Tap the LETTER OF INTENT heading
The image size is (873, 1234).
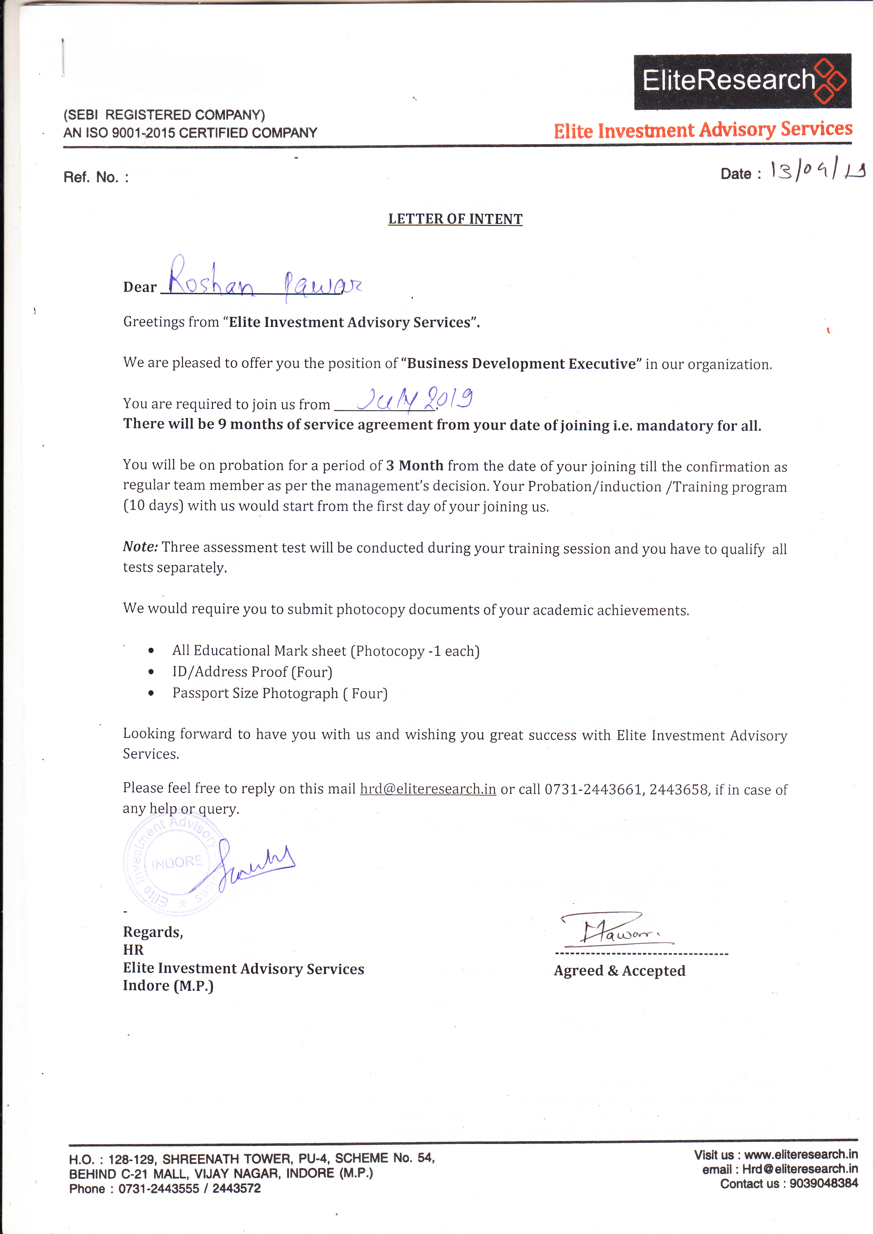[455, 219]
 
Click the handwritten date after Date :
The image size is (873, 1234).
[817, 171]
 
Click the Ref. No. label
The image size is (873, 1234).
[96, 177]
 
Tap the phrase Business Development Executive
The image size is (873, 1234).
[521, 364]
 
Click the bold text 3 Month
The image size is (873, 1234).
[414, 466]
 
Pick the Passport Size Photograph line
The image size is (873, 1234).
[280, 693]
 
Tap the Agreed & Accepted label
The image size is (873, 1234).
[619, 971]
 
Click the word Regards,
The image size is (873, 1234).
[153, 932]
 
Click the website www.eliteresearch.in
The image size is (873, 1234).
[800, 1154]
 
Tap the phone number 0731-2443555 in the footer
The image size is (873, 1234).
[158, 1188]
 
